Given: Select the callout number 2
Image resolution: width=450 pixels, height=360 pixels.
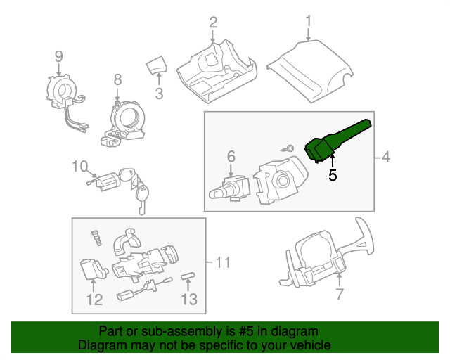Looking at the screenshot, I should (213, 22).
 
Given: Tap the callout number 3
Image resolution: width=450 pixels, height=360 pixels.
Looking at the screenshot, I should (159, 93).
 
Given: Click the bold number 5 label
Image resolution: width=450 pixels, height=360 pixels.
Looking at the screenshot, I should (333, 176).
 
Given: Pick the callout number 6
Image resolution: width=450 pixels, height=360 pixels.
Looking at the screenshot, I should (230, 155).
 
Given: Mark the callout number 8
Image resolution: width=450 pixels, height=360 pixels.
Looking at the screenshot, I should (117, 79).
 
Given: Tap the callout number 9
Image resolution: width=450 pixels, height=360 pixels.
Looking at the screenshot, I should (59, 56).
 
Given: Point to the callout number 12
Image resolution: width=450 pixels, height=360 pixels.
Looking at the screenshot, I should (94, 300).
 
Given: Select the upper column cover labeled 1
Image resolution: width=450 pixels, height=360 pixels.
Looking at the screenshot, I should (309, 71).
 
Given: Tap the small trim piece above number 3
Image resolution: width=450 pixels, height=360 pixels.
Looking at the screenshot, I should (156, 66).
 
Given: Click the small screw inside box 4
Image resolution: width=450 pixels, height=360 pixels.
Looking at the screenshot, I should (288, 148).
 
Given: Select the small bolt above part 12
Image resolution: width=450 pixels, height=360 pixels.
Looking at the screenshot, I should (96, 237).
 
